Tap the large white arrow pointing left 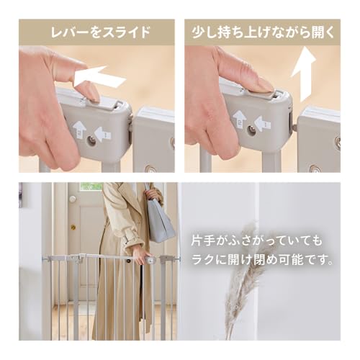tap(100, 77)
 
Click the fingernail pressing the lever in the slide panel tap(89, 91)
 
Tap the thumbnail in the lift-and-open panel tap(261, 84)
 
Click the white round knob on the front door tap(72, 199)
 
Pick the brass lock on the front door tap(72, 227)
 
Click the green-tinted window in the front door tap(91, 186)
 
